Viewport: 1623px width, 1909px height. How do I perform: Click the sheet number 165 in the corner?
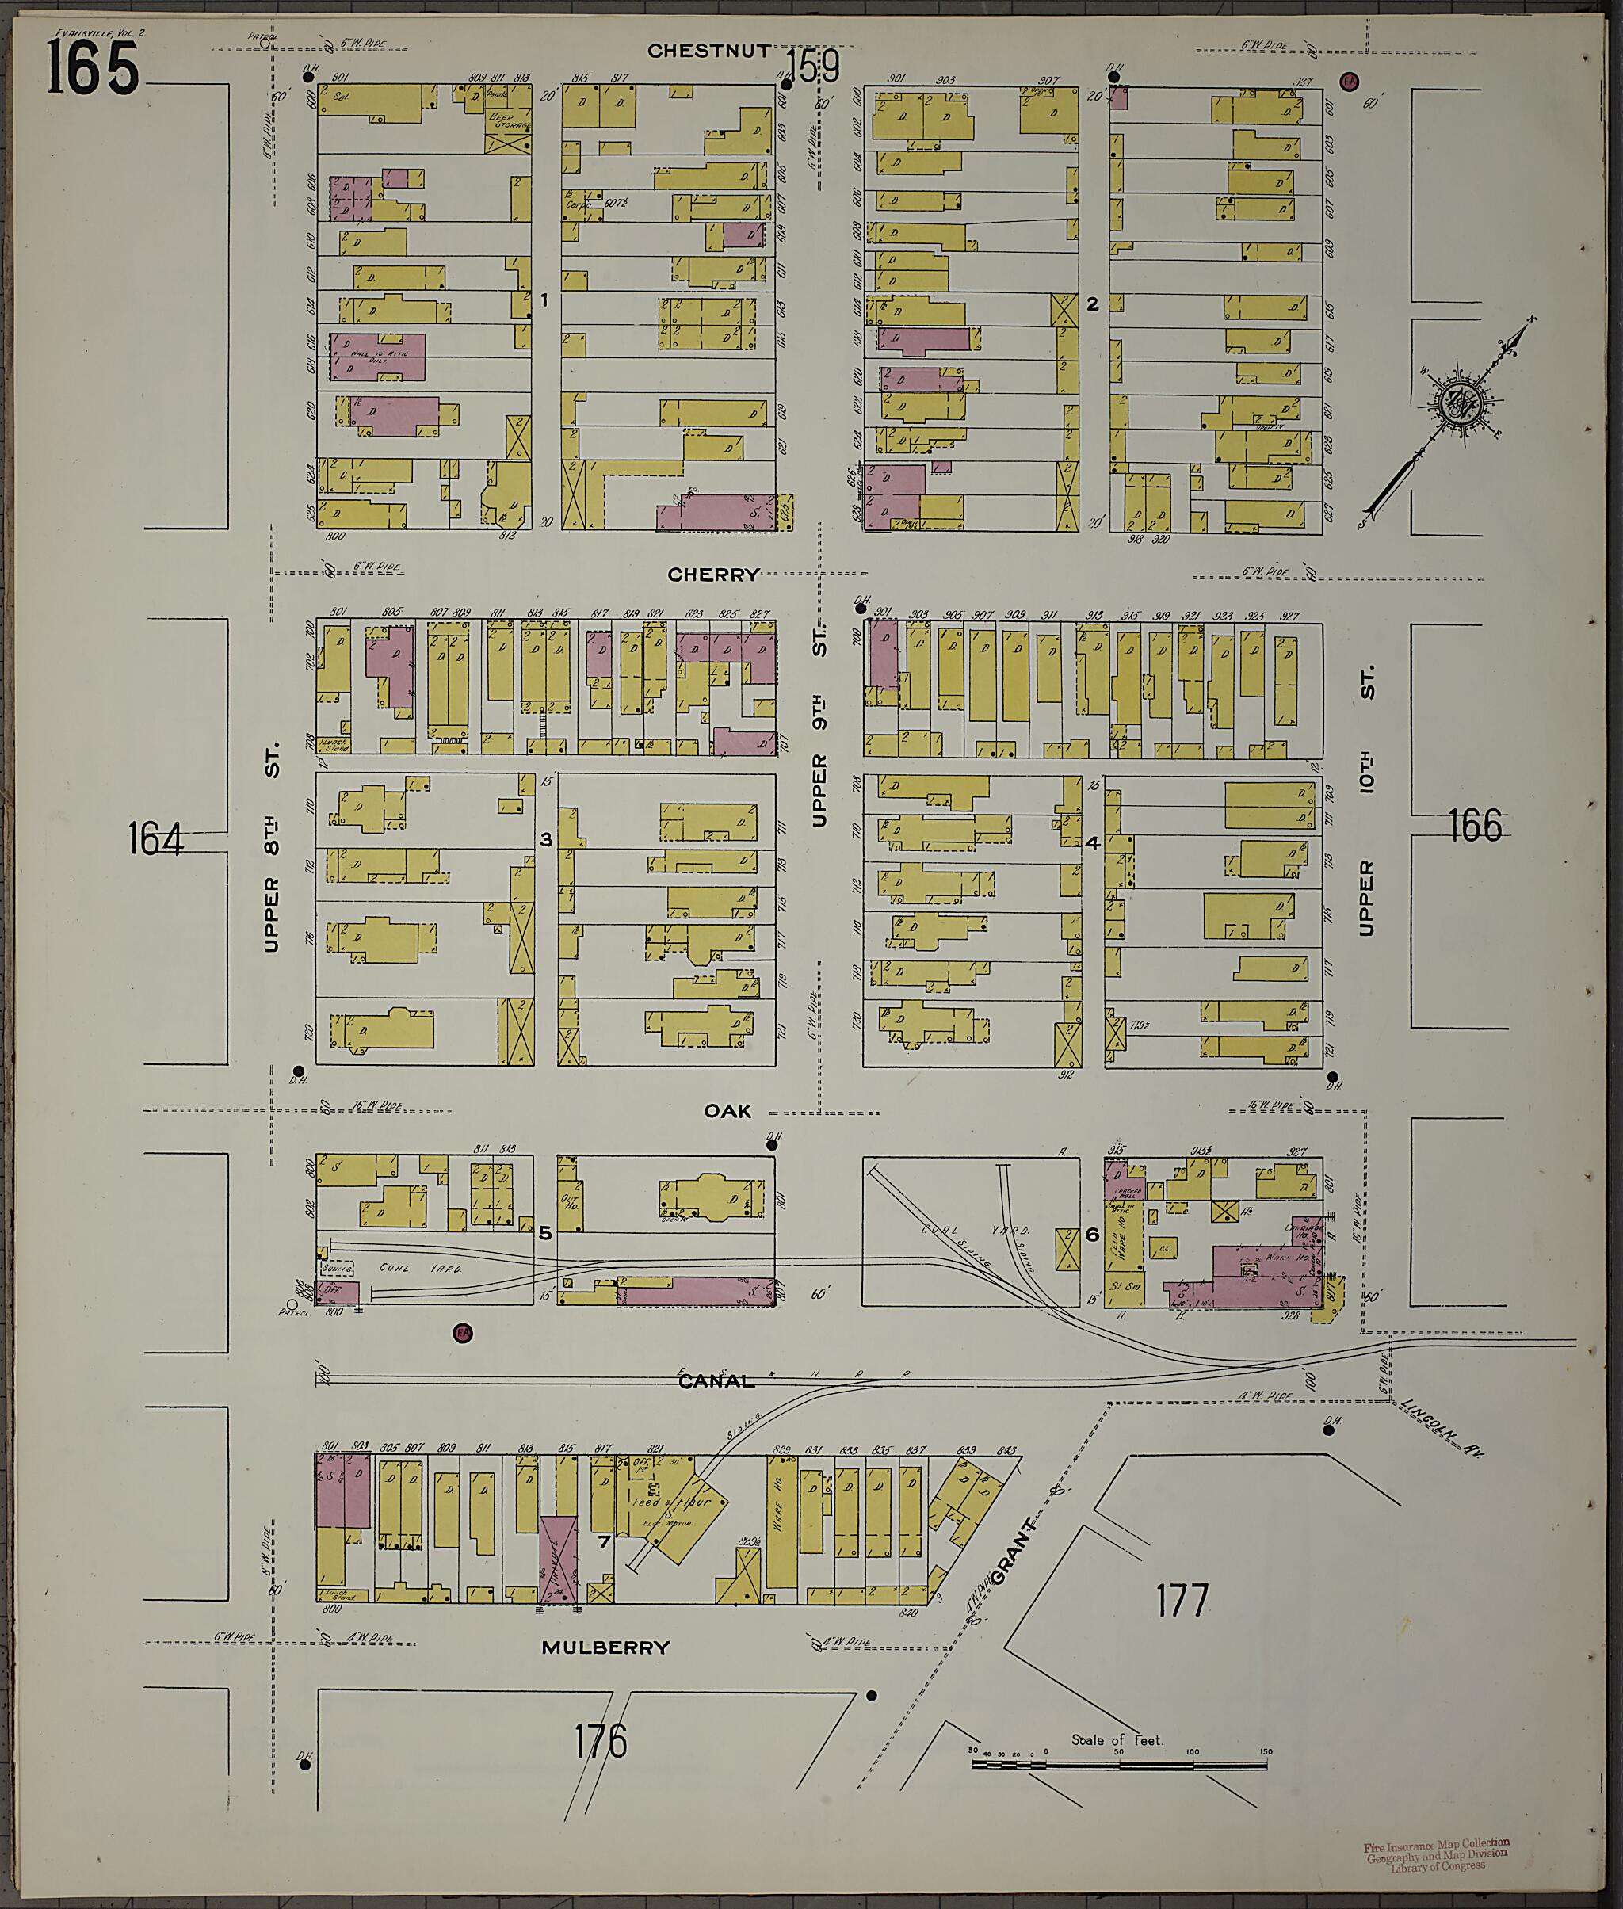pyautogui.click(x=92, y=68)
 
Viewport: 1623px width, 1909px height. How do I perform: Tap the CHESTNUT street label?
pyautogui.click(x=708, y=51)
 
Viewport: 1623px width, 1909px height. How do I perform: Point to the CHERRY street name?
pyautogui.click(x=713, y=575)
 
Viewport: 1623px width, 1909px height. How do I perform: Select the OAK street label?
pyautogui.click(x=727, y=1111)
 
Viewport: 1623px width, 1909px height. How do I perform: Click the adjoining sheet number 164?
pyautogui.click(x=155, y=839)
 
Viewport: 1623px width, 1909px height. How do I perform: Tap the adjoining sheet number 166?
pyautogui.click(x=1475, y=825)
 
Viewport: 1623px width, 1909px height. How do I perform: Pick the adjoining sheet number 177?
pyautogui.click(x=1182, y=1601)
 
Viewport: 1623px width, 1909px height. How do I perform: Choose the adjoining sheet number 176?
pyautogui.click(x=600, y=1742)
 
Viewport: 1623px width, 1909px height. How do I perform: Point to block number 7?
pyautogui.click(x=604, y=1542)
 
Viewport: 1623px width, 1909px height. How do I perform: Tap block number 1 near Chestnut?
pyautogui.click(x=544, y=300)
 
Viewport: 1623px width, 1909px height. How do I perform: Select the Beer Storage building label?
pyautogui.click(x=508, y=121)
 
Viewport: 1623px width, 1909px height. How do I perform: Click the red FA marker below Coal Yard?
pyautogui.click(x=463, y=1331)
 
